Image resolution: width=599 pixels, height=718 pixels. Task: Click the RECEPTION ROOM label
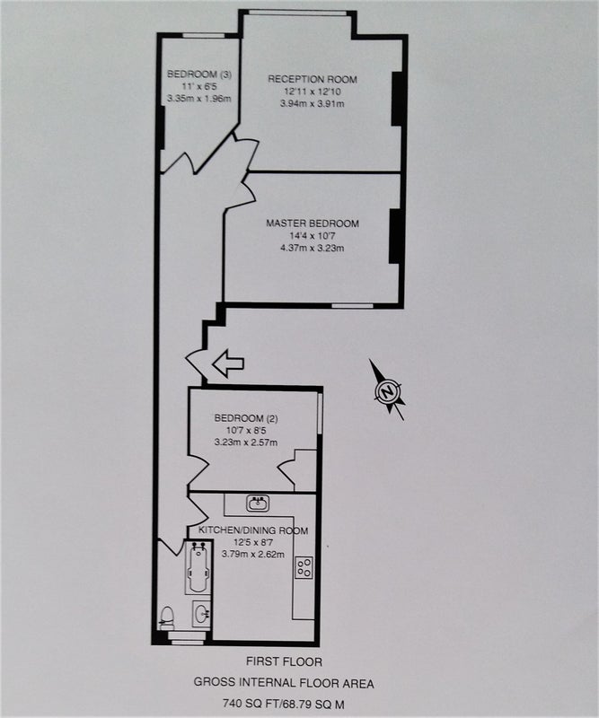[x=313, y=79]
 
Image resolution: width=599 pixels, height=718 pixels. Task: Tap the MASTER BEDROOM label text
[x=313, y=223]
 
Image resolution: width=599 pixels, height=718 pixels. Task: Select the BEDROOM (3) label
[x=198, y=74]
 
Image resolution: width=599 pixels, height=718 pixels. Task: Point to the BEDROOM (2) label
[x=246, y=418]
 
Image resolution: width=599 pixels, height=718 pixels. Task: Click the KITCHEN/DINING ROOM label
[x=253, y=530]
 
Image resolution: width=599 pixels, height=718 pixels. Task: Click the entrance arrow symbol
[x=228, y=363]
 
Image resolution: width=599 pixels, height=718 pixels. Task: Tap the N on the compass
[x=388, y=391]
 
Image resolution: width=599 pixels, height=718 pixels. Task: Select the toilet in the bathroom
[x=167, y=618]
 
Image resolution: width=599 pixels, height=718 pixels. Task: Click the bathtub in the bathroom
[x=198, y=568]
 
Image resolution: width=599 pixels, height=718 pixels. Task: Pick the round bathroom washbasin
[x=201, y=614]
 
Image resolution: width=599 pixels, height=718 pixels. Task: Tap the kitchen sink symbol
[x=258, y=503]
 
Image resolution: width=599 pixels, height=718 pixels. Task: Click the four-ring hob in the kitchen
[x=304, y=567]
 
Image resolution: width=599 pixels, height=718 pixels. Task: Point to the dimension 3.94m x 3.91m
[x=313, y=103]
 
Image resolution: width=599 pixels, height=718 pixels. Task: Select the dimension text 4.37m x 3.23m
[x=313, y=249]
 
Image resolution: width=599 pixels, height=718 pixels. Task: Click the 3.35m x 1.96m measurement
[x=198, y=98]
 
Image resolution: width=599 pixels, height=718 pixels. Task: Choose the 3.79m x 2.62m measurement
[x=253, y=554]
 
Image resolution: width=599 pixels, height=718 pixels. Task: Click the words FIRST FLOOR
[x=284, y=661]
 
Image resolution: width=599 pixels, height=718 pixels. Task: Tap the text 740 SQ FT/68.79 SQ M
[x=284, y=703]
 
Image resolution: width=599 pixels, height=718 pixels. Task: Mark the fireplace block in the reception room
[x=398, y=99]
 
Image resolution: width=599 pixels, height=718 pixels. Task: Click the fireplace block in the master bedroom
[x=395, y=236]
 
